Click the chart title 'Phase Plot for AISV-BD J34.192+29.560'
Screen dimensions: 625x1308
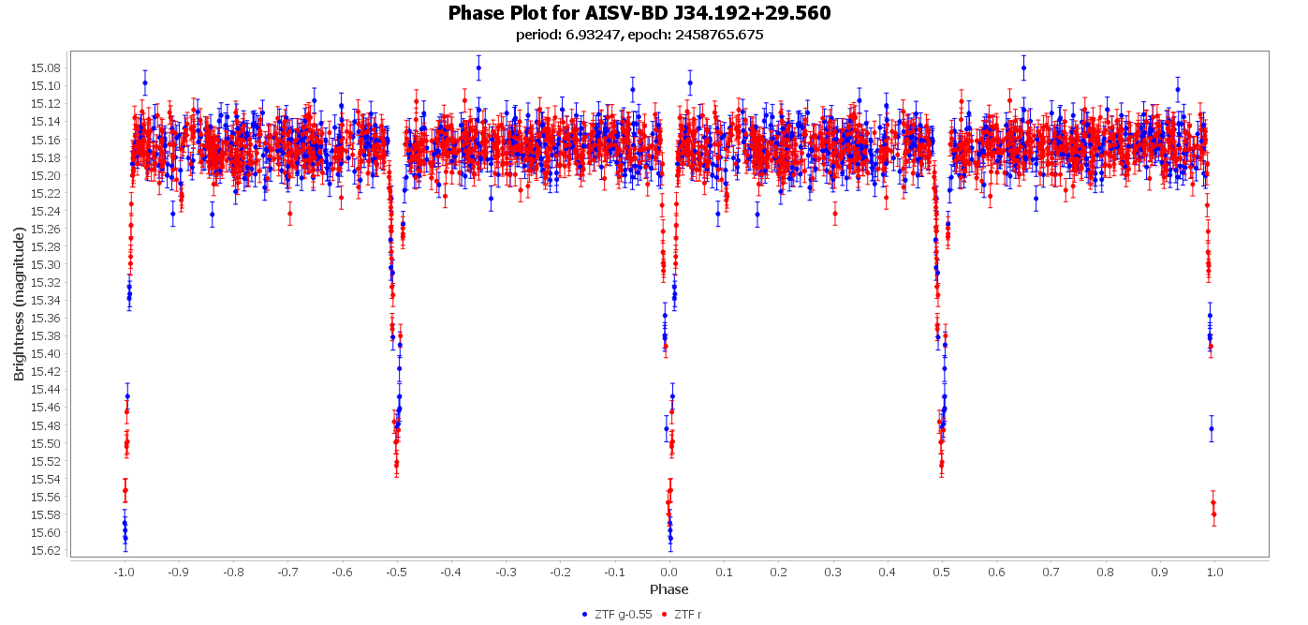[639, 13]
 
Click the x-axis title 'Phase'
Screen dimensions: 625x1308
[669, 589]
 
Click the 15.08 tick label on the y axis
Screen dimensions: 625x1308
[46, 67]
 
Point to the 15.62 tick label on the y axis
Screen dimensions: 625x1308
[46, 550]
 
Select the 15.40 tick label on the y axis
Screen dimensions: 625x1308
[46, 353]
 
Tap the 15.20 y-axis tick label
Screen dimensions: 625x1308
[46, 175]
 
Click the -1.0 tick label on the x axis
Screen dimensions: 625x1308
[123, 571]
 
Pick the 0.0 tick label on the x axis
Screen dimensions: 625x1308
[669, 571]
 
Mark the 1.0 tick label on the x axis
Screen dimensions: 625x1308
[1215, 571]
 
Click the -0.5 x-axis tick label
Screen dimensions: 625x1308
[396, 571]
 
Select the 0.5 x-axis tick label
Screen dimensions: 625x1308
[942, 571]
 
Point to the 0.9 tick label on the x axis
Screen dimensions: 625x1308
[1161, 571]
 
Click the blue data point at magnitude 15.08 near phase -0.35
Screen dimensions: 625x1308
[478, 67]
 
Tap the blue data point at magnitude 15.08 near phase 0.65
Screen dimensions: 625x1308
[1023, 67]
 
